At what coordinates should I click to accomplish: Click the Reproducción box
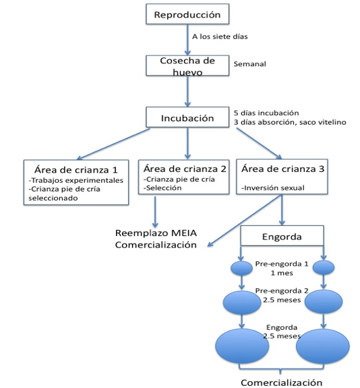[187, 14]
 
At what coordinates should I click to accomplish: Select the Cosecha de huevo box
[187, 65]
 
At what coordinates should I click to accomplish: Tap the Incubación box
[187, 117]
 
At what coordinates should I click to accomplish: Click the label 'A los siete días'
[220, 36]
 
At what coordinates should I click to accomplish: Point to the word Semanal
[249, 64]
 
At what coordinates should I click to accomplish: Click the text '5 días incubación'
[266, 113]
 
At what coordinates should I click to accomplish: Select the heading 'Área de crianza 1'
[76, 170]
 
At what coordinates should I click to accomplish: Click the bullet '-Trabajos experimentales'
[76, 180]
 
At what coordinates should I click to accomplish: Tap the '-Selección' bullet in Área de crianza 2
[163, 188]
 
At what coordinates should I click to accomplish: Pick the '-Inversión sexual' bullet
[273, 188]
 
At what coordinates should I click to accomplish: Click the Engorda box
[282, 235]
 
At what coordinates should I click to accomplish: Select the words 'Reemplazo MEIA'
[156, 233]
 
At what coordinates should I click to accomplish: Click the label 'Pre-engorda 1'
[282, 264]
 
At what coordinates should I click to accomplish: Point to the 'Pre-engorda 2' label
[282, 291]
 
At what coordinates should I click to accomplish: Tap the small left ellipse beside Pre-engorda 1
[241, 268]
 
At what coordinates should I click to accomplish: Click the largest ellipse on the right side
[323, 346]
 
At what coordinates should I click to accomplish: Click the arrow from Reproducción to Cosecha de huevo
[187, 40]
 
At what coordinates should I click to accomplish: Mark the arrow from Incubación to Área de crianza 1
[113, 144]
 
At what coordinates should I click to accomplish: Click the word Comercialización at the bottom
[281, 383]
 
